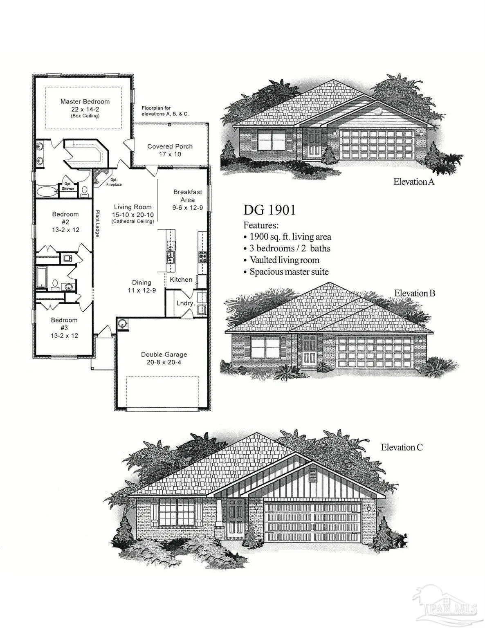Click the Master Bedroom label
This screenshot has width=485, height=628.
(85, 102)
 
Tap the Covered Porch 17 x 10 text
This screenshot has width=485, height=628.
(170, 150)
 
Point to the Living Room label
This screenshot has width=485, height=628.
(133, 207)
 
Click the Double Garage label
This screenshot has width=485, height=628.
(164, 358)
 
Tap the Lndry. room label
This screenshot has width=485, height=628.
(185, 303)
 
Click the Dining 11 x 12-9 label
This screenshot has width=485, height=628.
(141, 286)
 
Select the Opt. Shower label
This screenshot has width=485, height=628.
(68, 186)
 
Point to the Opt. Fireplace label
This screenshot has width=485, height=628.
(114, 182)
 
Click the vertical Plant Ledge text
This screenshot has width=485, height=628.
(98, 223)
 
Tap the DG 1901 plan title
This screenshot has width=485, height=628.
(269, 210)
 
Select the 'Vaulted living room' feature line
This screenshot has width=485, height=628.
(284, 260)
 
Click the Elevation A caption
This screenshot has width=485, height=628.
(413, 182)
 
